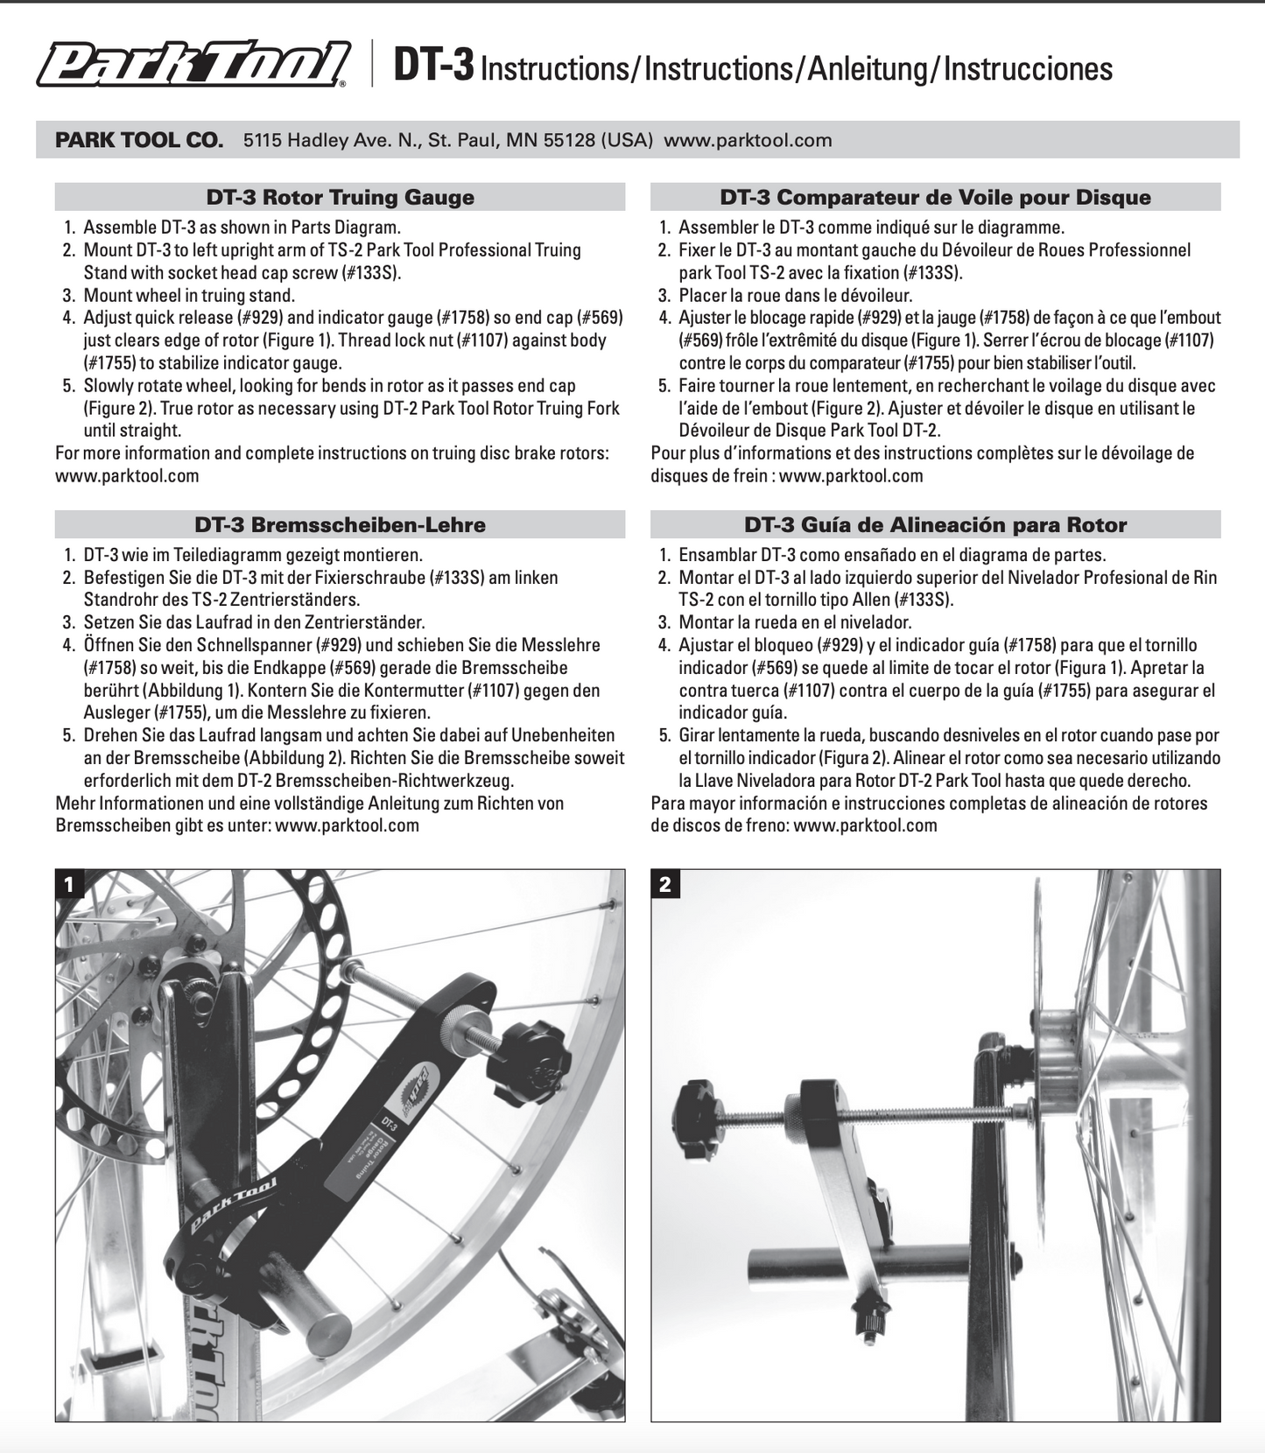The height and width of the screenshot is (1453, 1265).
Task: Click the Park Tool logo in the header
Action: pyautogui.click(x=193, y=64)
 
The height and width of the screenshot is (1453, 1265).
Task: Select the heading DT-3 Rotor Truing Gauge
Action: pyautogui.click(x=340, y=197)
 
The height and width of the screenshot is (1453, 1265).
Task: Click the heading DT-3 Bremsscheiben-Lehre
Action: pyautogui.click(x=340, y=525)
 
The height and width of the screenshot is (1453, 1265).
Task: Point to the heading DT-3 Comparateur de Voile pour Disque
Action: pyautogui.click(x=935, y=197)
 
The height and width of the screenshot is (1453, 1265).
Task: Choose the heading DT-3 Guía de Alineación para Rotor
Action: pyautogui.click(x=935, y=525)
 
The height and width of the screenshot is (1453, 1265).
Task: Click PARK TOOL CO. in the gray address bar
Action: pyautogui.click(x=138, y=140)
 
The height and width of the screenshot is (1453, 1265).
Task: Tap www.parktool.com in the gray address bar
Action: pyautogui.click(x=748, y=140)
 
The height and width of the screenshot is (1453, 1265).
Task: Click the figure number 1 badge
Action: pyautogui.click(x=69, y=884)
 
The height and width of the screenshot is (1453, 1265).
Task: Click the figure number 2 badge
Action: pyautogui.click(x=665, y=884)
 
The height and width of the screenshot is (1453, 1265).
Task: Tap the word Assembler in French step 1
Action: pyautogui.click(x=716, y=228)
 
